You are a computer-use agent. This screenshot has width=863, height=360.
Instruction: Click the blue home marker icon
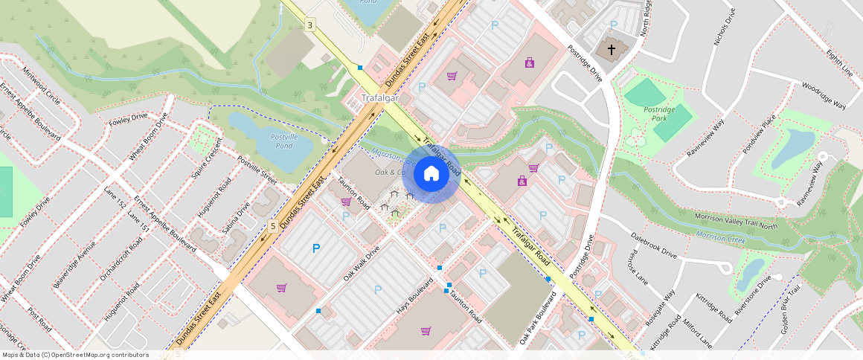pyautogui.click(x=431, y=174)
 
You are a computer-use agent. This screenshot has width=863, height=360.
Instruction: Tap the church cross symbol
pyautogui.click(x=612, y=50)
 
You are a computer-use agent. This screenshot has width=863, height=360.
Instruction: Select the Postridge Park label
pyautogui.click(x=658, y=114)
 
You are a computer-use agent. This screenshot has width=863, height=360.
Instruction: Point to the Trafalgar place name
pyautogui.click(x=379, y=98)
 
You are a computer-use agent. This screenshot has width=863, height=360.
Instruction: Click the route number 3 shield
pyautogui.click(x=309, y=25)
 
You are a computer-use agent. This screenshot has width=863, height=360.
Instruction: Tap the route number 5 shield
pyautogui.click(x=274, y=225)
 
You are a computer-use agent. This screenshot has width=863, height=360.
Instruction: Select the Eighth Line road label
pyautogui.click(x=839, y=62)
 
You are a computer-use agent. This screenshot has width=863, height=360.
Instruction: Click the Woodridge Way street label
pyautogui.click(x=824, y=96)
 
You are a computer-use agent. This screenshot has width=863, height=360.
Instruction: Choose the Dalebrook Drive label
pyautogui.click(x=653, y=245)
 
